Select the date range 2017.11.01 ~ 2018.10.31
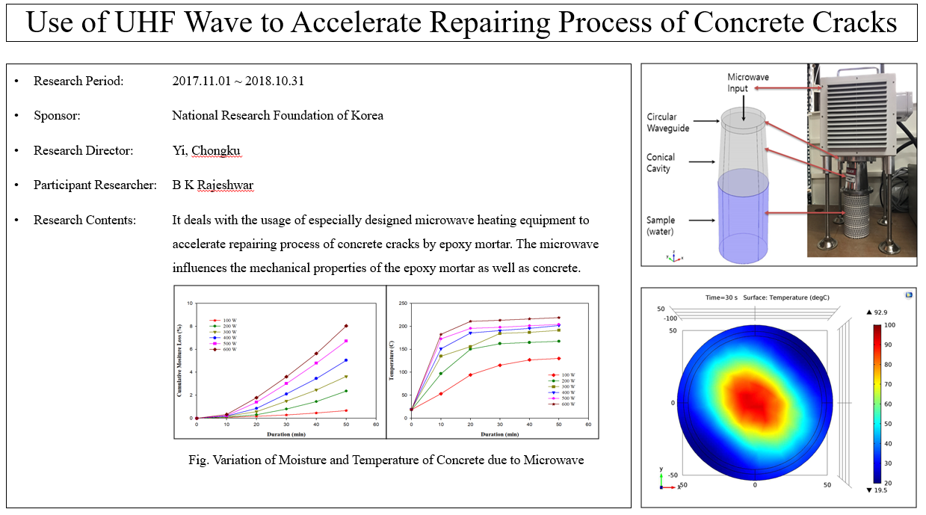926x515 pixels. click(x=238, y=81)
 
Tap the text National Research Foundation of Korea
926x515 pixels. click(x=277, y=115)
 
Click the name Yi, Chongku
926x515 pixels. click(x=207, y=150)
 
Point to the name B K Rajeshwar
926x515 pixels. click(x=213, y=185)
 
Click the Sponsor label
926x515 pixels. click(x=57, y=115)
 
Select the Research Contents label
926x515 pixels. click(x=85, y=220)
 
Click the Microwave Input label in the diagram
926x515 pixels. click(x=748, y=83)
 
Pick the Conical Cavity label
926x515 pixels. click(x=661, y=162)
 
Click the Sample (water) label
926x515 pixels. click(x=661, y=225)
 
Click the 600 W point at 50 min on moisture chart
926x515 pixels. click(x=346, y=326)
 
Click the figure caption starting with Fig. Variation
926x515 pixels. click(x=386, y=460)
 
